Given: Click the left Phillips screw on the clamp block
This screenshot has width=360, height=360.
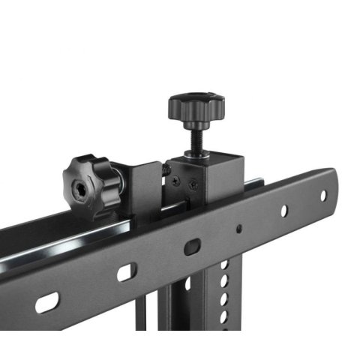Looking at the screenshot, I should [x=175, y=181].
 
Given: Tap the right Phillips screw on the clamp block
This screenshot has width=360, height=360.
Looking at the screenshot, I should [x=194, y=181].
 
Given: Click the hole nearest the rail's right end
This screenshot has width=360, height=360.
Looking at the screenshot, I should [x=323, y=196].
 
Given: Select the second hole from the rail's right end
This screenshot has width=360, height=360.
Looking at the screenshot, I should [x=284, y=211].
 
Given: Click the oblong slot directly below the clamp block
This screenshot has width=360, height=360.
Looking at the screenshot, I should [x=193, y=247].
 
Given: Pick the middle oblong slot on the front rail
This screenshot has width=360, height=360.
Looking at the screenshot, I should [x=126, y=271].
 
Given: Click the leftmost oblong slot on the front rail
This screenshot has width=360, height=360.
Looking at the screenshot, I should [x=47, y=302].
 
